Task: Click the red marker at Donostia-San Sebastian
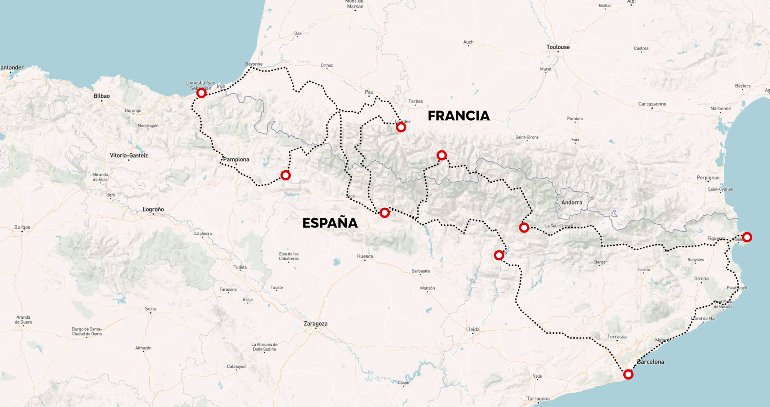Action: click(202, 93)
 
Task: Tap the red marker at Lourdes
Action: click(401, 127)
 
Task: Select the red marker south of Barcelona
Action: click(628, 374)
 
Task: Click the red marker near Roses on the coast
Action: click(747, 237)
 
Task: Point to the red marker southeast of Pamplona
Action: click(286, 175)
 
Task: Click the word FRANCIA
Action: click(459, 116)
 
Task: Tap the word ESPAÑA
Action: click(330, 223)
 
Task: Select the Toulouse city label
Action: click(558, 47)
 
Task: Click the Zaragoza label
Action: click(315, 324)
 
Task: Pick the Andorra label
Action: click(571, 203)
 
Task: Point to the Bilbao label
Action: click(102, 96)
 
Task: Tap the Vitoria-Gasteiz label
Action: click(129, 156)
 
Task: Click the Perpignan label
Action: click(708, 178)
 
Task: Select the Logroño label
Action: click(153, 209)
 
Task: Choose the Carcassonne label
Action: click(652, 104)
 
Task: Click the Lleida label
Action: click(473, 329)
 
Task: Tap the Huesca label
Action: click(365, 256)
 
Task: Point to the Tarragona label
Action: click(538, 398)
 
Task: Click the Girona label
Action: click(701, 278)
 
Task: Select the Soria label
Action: click(150, 309)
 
